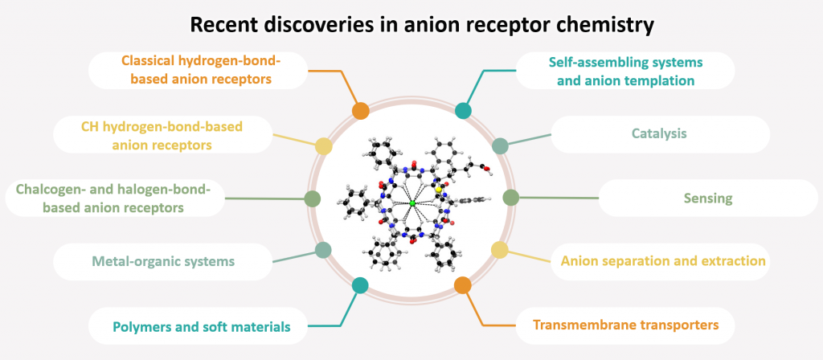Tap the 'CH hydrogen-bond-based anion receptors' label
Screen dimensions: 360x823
pos(162,135)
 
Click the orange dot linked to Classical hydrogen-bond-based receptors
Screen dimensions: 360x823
pos(360,111)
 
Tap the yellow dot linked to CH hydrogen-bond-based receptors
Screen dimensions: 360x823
pos(323,146)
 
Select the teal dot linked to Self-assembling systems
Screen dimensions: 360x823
pos(464,111)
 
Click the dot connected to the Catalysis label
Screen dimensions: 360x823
pos(500,146)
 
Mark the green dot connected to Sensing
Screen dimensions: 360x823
pos(510,197)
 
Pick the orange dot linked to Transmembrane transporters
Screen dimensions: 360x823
pos(463,284)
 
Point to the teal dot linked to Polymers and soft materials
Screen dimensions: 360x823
pos(360,284)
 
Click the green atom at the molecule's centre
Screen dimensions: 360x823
pos(412,204)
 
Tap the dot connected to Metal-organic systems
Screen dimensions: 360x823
pos(323,250)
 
